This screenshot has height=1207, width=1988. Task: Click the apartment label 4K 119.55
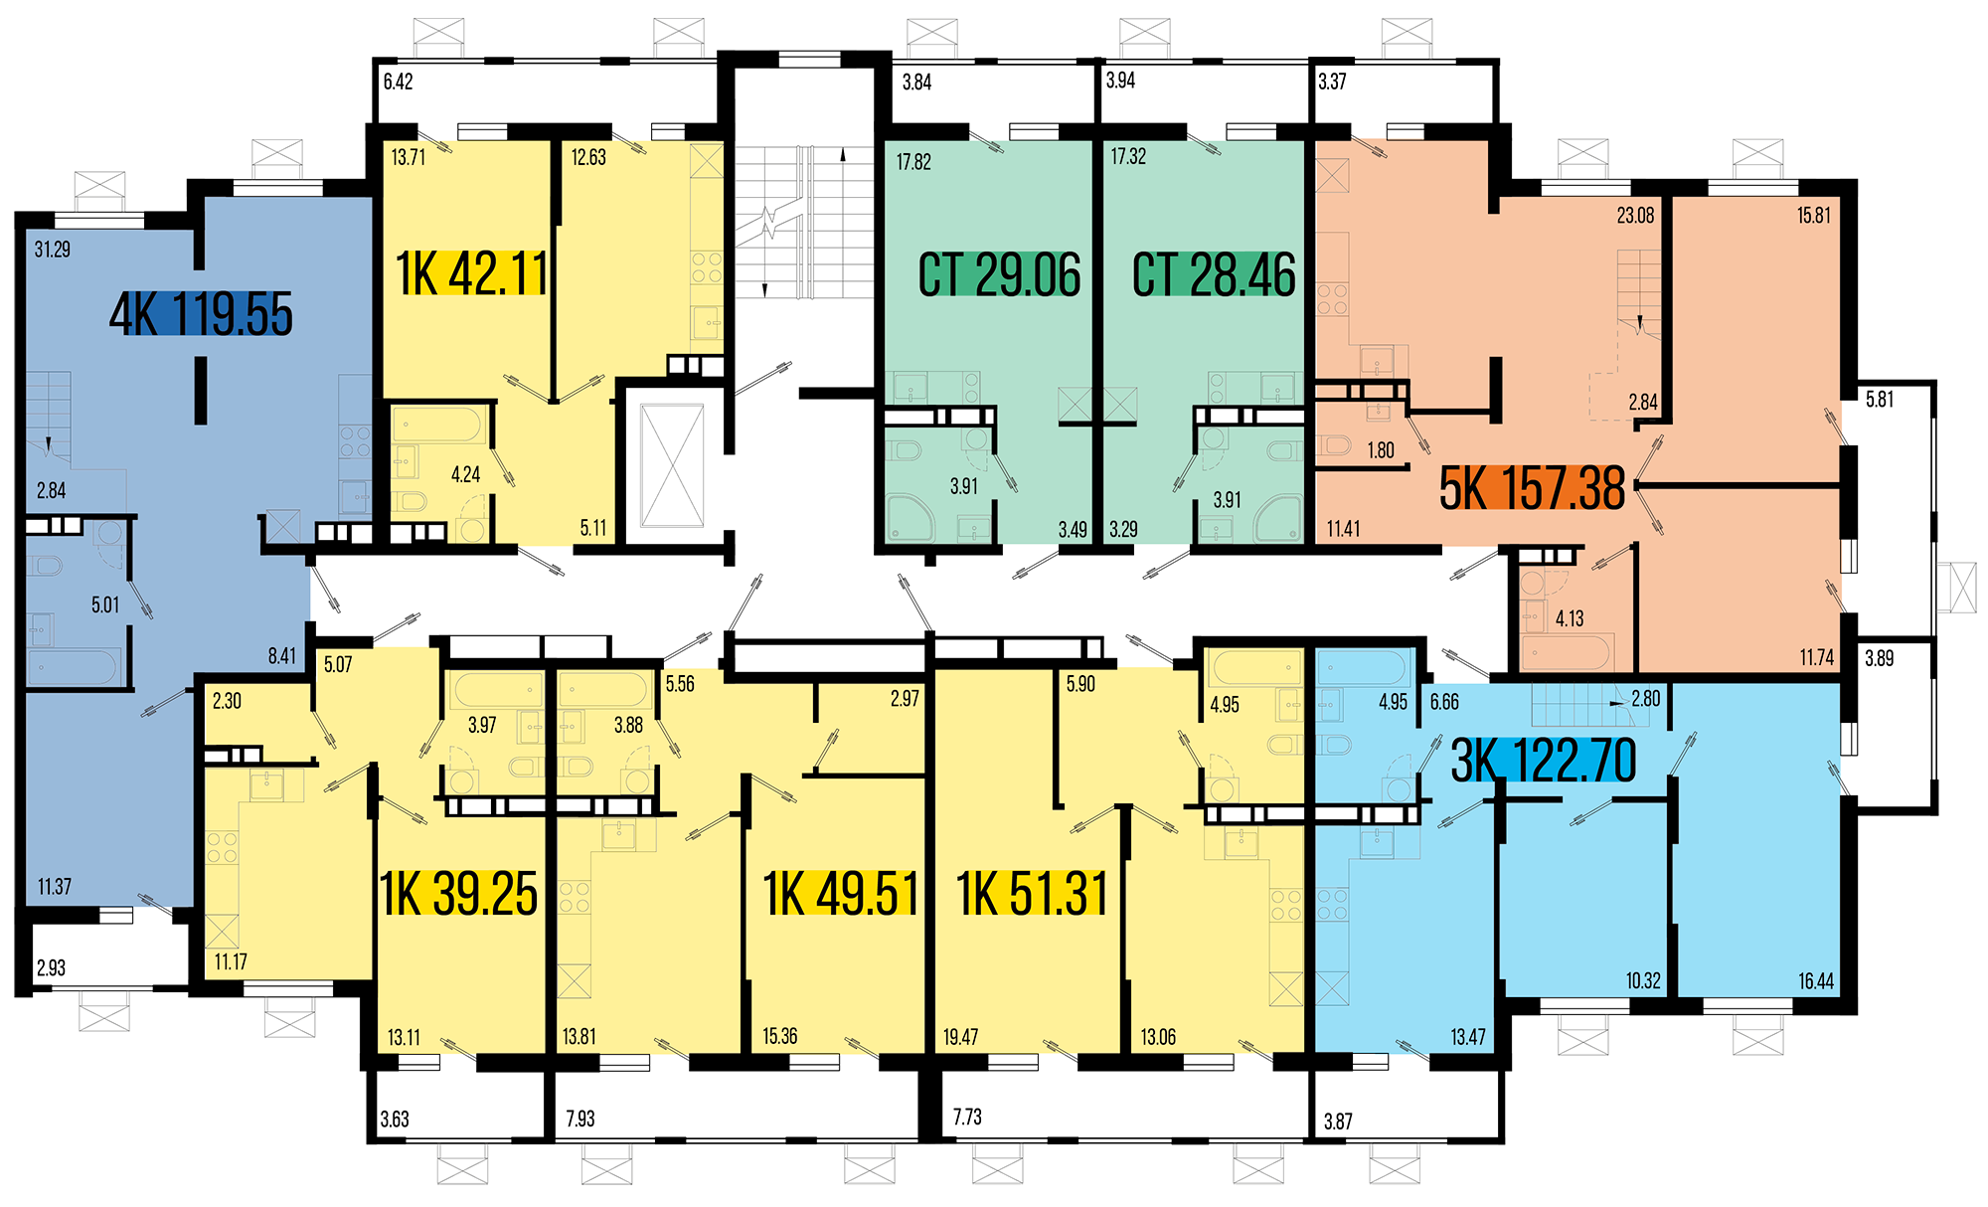tap(201, 314)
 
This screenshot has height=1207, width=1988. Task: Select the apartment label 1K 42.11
tap(471, 273)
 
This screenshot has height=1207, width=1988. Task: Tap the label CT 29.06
tap(999, 275)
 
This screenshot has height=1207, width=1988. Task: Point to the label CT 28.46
tap(1214, 275)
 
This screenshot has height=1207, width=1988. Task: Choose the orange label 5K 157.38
tap(1532, 488)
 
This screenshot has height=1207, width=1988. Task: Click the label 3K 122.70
tap(1544, 761)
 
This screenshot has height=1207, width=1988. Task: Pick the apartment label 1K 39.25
tap(458, 893)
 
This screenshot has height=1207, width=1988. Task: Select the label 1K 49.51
tap(841, 893)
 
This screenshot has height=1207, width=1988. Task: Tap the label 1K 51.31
tap(1032, 893)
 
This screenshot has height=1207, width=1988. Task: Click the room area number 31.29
tap(53, 250)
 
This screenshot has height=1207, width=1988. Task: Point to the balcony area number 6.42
tap(398, 82)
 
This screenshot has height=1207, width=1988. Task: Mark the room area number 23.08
tap(1635, 215)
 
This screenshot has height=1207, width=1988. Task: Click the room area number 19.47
tap(960, 1037)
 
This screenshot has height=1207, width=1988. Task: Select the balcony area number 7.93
tap(580, 1119)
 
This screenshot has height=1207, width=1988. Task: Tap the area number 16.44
tap(1815, 981)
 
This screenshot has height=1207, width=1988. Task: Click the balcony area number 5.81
tap(1880, 400)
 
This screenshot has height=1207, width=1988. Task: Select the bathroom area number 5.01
tap(105, 604)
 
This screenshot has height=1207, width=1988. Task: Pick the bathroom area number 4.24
tap(465, 474)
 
